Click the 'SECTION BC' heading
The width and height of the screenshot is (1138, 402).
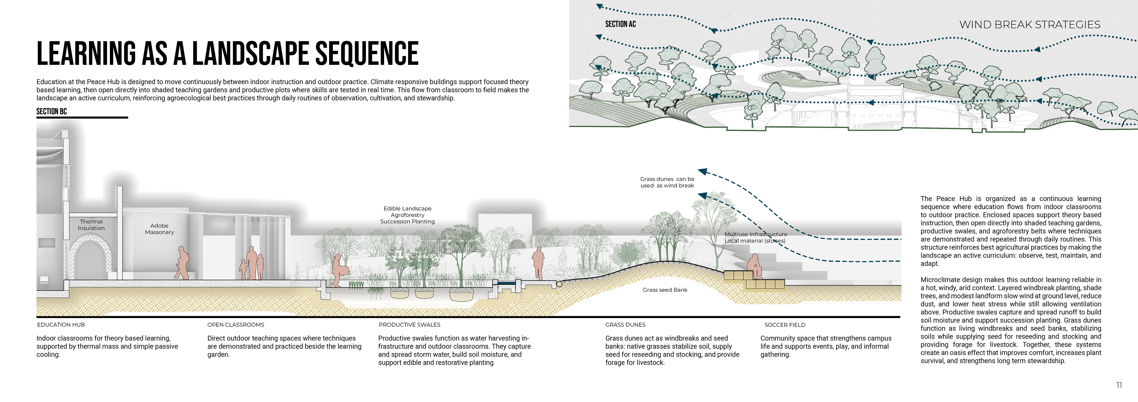(51, 111)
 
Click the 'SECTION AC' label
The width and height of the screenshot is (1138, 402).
(620, 24)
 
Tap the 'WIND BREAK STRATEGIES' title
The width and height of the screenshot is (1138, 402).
(1029, 25)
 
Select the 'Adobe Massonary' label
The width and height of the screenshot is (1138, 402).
(159, 229)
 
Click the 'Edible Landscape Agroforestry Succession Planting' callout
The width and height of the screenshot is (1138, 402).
(407, 215)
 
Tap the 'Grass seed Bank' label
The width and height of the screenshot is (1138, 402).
(665, 290)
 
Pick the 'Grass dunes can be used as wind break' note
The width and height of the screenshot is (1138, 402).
(667, 182)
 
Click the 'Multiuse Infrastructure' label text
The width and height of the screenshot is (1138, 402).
(755, 234)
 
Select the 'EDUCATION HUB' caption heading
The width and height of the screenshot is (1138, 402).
(61, 325)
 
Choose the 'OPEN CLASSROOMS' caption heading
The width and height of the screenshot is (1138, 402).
(236, 325)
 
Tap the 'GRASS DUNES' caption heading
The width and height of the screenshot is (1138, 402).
(625, 325)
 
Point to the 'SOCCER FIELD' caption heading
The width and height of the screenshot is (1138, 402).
(784, 325)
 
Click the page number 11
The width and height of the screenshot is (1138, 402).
(1118, 385)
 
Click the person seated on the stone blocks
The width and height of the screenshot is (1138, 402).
(753, 266)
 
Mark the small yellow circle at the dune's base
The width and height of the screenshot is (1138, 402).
(559, 284)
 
